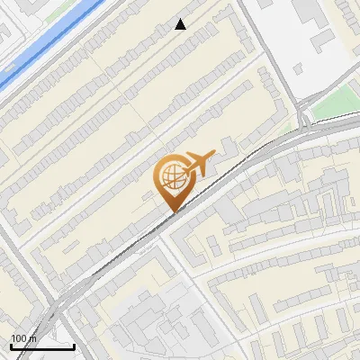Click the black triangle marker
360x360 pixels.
pyautogui.click(x=181, y=24)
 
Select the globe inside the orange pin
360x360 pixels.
pyautogui.click(x=171, y=176)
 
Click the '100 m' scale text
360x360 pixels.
pyautogui.click(x=24, y=338)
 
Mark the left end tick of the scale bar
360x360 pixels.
pyautogui.click(x=11, y=345)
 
